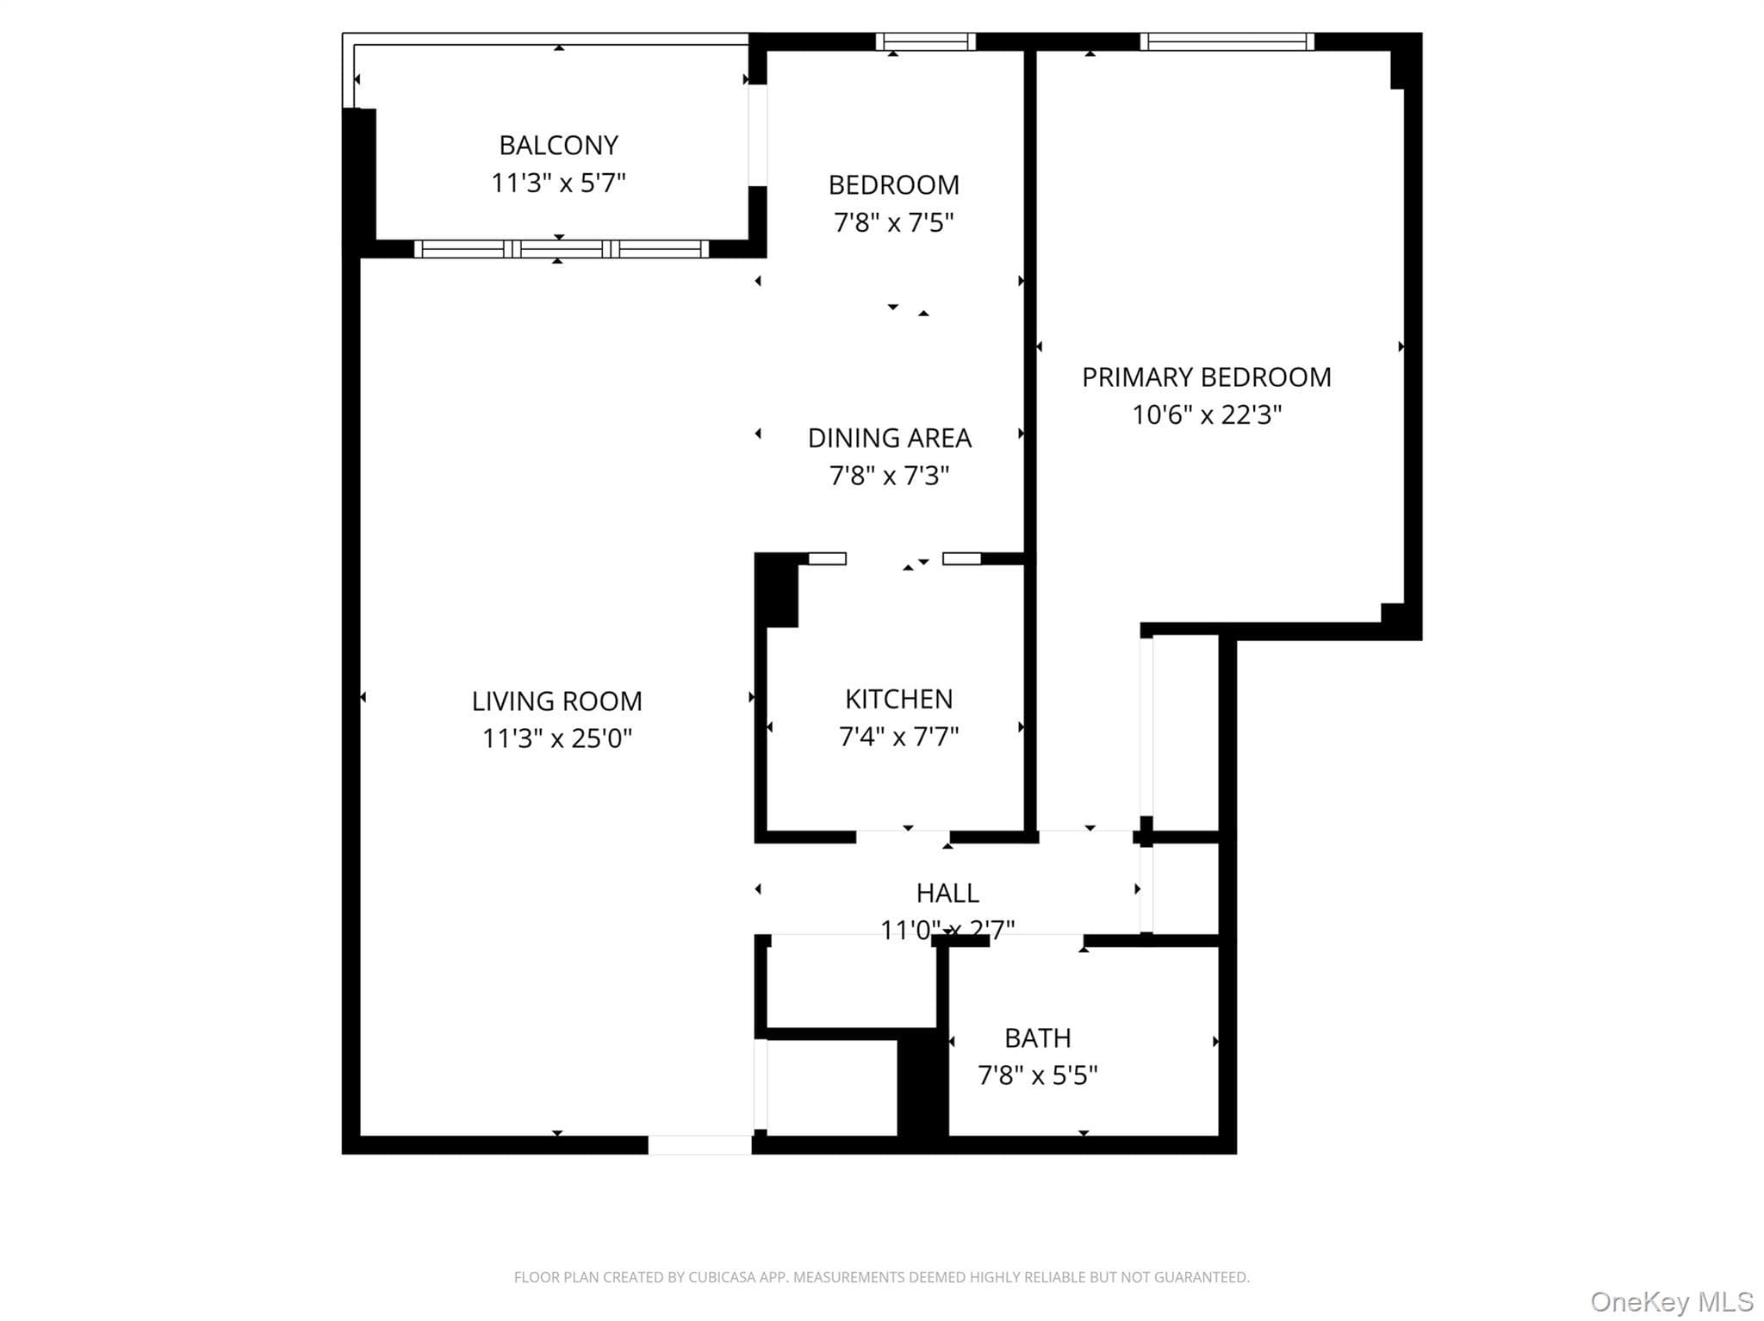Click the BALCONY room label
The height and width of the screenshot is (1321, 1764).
(558, 145)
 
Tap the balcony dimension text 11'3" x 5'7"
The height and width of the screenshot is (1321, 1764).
(558, 183)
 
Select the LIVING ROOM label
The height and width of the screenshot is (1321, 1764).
(556, 701)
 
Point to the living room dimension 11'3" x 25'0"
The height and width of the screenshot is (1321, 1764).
(557, 738)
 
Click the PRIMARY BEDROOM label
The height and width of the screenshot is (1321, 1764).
(1207, 377)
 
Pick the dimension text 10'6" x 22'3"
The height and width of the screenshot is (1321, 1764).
(1207, 414)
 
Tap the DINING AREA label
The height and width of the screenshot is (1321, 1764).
(890, 438)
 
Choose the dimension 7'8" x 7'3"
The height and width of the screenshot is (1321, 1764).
(890, 475)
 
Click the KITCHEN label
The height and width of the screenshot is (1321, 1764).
(899, 699)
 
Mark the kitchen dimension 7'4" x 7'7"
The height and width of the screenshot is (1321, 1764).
(899, 736)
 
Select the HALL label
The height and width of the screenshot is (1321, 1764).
(947, 893)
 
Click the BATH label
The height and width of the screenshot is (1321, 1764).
(1038, 1038)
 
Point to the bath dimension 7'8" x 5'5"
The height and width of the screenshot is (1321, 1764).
(1038, 1075)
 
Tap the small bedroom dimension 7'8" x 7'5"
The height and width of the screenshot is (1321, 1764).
(894, 222)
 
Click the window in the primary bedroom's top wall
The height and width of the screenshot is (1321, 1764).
(1227, 41)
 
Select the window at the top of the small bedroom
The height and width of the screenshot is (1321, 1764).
(926, 41)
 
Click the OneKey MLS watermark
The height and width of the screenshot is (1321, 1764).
(1672, 1301)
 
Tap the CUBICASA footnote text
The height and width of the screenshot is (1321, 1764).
(881, 1277)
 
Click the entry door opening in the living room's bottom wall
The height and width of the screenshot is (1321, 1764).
(699, 1145)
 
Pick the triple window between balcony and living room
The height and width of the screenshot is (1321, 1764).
(562, 249)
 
